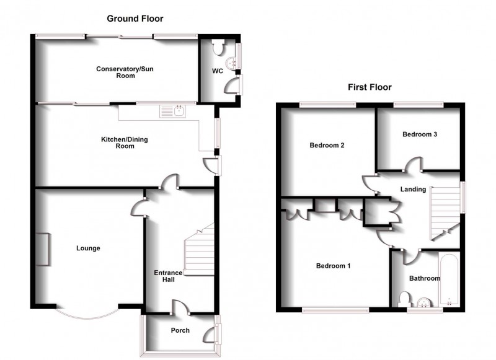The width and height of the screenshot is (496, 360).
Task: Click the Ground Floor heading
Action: [x=135, y=19]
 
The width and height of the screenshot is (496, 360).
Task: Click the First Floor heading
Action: [x=370, y=87]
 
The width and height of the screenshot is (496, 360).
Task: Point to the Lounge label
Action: [x=88, y=248]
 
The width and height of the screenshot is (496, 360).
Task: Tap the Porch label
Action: [x=180, y=330]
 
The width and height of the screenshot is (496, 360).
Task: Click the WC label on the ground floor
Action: [x=217, y=71]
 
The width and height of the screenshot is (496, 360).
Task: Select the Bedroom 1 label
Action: [x=334, y=266]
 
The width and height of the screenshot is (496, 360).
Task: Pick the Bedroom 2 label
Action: [x=327, y=146]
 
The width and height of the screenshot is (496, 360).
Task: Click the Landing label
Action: [x=414, y=190]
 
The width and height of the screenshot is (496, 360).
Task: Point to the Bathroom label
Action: [x=425, y=278]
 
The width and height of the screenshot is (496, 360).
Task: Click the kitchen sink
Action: [x=170, y=112]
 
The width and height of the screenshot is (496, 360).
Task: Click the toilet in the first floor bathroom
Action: [x=404, y=299]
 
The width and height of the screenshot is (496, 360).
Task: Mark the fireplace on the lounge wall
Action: [x=42, y=249]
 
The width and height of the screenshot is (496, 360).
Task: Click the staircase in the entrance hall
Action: [x=200, y=253]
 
